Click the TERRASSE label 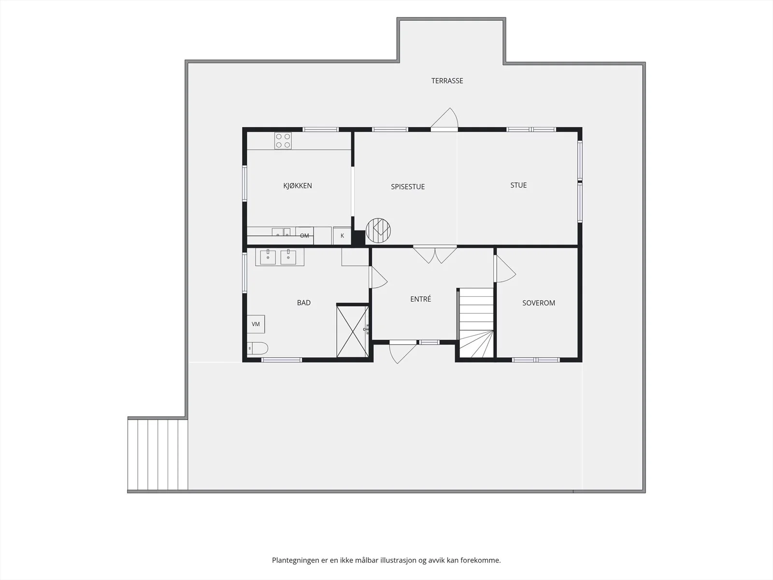point(447,81)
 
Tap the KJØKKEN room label point(298,186)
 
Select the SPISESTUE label point(408,187)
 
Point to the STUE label point(518,185)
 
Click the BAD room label point(303,303)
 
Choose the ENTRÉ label point(420,299)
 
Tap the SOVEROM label point(539,303)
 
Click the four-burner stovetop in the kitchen point(283,141)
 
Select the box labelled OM point(305,235)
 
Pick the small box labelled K point(342,235)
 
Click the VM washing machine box point(256,324)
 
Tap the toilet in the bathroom point(258,348)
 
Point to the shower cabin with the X point(353,332)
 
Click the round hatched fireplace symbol point(378,231)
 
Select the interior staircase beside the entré point(476,323)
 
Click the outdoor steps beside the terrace point(158,454)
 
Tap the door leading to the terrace point(444,118)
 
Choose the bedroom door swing point(505,268)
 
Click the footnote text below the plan point(386,560)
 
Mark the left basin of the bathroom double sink point(268,257)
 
